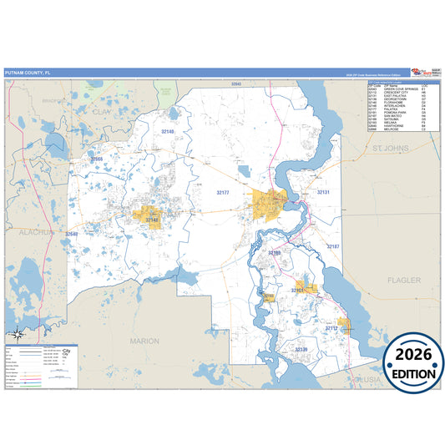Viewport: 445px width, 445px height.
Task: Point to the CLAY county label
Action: point(103,110)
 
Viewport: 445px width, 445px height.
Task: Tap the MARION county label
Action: point(144,341)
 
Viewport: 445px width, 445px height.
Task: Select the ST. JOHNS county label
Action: point(388,148)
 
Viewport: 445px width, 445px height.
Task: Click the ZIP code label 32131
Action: point(323,192)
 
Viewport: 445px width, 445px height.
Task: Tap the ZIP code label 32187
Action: point(332,246)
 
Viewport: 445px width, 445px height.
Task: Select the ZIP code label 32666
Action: point(97,159)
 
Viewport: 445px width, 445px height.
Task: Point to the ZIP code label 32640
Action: point(72,234)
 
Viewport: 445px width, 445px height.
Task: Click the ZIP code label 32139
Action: point(301,349)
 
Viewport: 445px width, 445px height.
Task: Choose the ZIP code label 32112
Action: point(331,328)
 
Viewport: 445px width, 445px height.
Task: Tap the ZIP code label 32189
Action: point(275,251)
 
